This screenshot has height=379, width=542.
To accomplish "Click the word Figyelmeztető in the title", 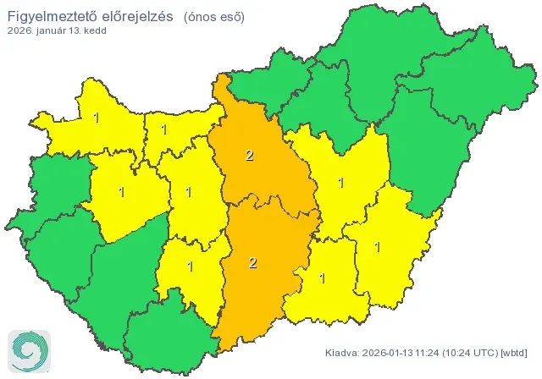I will (x=48, y=16).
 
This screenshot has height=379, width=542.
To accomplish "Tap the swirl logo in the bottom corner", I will (x=27, y=350).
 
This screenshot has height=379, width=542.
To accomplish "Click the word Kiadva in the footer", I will (x=344, y=352).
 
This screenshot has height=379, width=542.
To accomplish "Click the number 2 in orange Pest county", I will (x=248, y=155).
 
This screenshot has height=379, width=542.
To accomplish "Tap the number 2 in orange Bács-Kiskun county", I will (x=252, y=263).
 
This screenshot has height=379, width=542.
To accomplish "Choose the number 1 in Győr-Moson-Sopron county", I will (x=97, y=118).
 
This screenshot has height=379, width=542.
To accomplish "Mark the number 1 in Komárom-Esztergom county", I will (x=163, y=130).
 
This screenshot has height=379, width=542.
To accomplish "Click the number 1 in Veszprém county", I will (x=122, y=192).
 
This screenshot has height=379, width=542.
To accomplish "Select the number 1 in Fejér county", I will (x=189, y=192).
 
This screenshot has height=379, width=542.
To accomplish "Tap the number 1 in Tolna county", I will (x=190, y=266).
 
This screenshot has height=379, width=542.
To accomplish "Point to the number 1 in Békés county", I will (x=377, y=247).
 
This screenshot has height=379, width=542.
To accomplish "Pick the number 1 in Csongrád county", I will (x=322, y=277).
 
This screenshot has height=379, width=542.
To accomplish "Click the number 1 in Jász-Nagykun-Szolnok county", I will (x=341, y=182).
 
